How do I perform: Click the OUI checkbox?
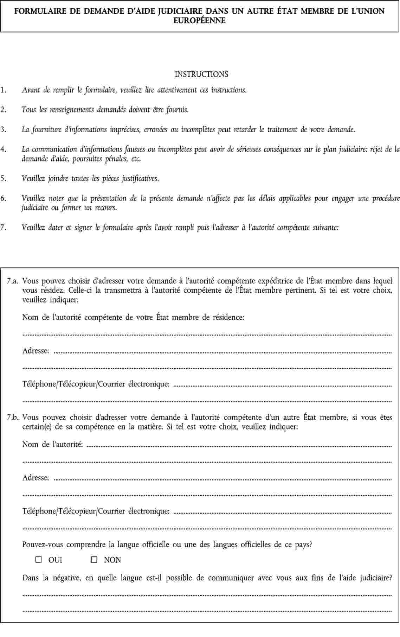[x=39, y=560]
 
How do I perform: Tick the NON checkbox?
[x=94, y=560]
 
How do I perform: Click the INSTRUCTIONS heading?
[x=201, y=74]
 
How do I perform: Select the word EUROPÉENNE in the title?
[x=200, y=20]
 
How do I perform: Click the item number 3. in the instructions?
[x=3, y=129]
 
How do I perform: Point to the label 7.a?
[x=13, y=281]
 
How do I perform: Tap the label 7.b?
[x=13, y=418]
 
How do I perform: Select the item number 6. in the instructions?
[x=3, y=198]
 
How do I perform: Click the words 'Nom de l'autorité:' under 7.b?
[x=53, y=444]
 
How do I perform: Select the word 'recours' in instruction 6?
[x=106, y=208]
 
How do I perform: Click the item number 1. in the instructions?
[x=3, y=90]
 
